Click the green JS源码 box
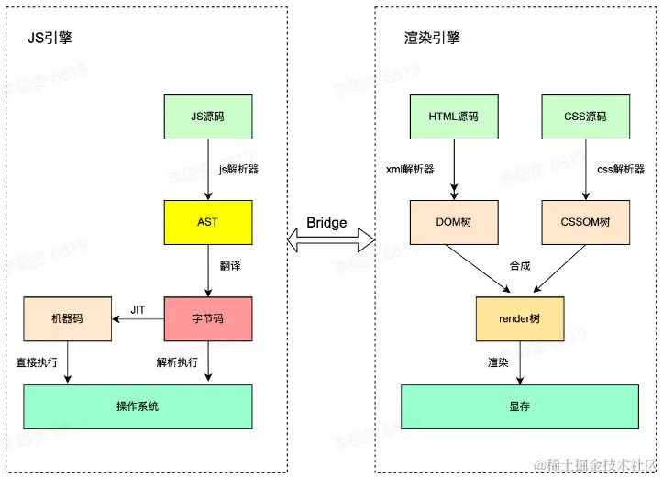[x=207, y=117]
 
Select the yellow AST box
[x=207, y=222]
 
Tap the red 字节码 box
[x=207, y=319]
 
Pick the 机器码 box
[x=67, y=319]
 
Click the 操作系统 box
[x=138, y=406]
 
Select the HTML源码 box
[x=453, y=117]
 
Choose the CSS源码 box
[x=586, y=117]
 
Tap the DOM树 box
[x=453, y=222]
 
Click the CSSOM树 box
[x=586, y=222]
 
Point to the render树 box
[x=520, y=319]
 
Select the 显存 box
[x=520, y=406]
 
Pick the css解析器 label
[x=621, y=170]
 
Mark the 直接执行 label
[x=37, y=362]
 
